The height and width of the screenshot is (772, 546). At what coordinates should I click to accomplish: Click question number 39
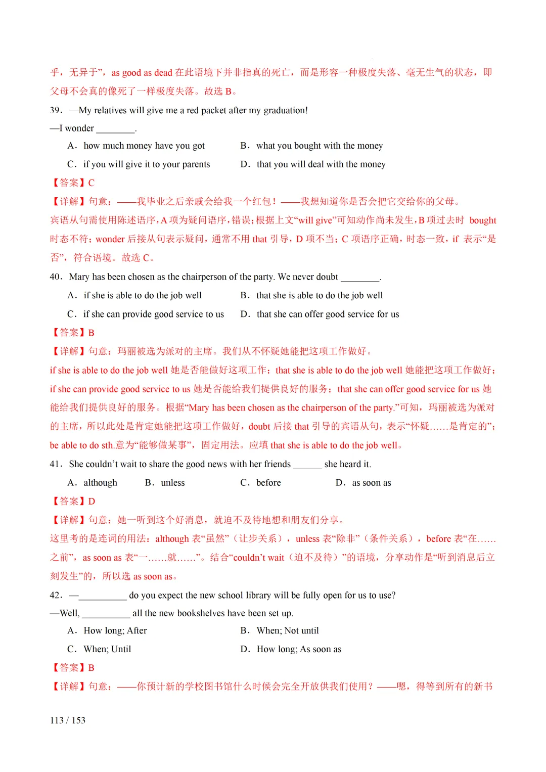point(56,110)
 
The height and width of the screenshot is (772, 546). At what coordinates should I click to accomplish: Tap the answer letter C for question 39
point(92,183)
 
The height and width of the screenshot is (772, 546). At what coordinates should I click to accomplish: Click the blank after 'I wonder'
point(116,129)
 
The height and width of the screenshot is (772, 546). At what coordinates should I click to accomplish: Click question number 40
point(56,277)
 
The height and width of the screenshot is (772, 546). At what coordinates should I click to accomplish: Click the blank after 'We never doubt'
point(360,278)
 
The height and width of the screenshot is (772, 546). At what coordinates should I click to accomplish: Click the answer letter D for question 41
point(92,502)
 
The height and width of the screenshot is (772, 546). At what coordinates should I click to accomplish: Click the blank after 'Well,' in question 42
point(106,614)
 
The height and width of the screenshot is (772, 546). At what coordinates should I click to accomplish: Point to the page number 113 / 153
point(68,720)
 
